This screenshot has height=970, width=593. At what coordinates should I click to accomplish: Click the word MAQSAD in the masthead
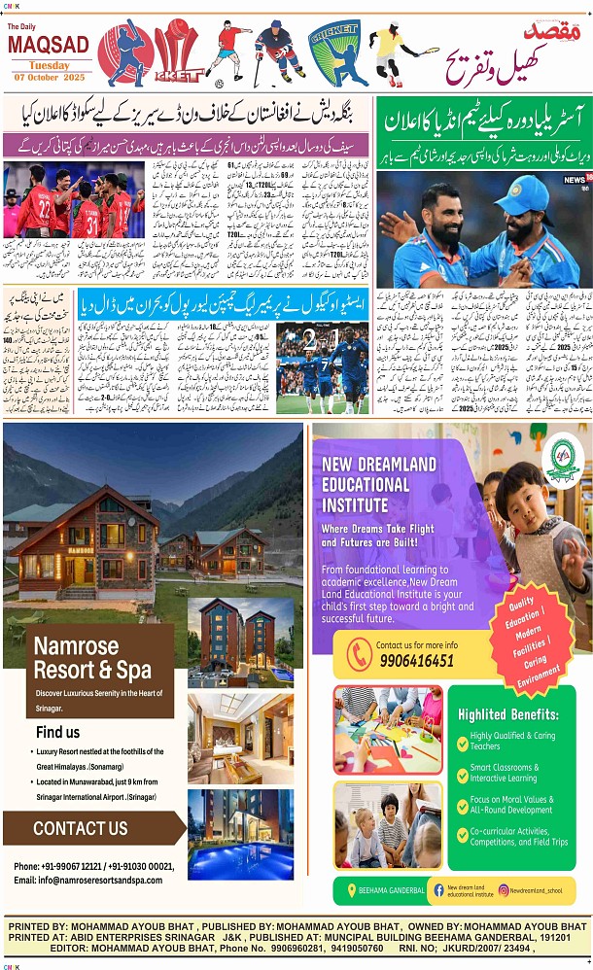(48, 44)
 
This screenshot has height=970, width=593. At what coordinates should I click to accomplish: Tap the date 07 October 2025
(48, 77)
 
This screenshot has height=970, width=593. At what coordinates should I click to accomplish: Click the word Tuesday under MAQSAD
(48, 65)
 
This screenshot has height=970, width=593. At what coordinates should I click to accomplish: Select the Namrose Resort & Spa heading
(91, 658)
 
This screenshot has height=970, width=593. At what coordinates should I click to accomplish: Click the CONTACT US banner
(81, 828)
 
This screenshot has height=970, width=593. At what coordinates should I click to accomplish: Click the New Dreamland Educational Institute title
(379, 483)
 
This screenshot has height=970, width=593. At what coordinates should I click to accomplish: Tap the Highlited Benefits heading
(508, 714)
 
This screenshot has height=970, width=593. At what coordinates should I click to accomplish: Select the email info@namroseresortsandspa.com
(88, 880)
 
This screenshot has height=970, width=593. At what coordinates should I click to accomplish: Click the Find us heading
(58, 732)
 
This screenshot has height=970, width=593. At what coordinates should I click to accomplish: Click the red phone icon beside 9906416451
(359, 653)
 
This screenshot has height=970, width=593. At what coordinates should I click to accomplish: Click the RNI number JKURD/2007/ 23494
(476, 949)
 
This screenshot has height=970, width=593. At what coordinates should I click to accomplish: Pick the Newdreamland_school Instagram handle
(536, 889)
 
